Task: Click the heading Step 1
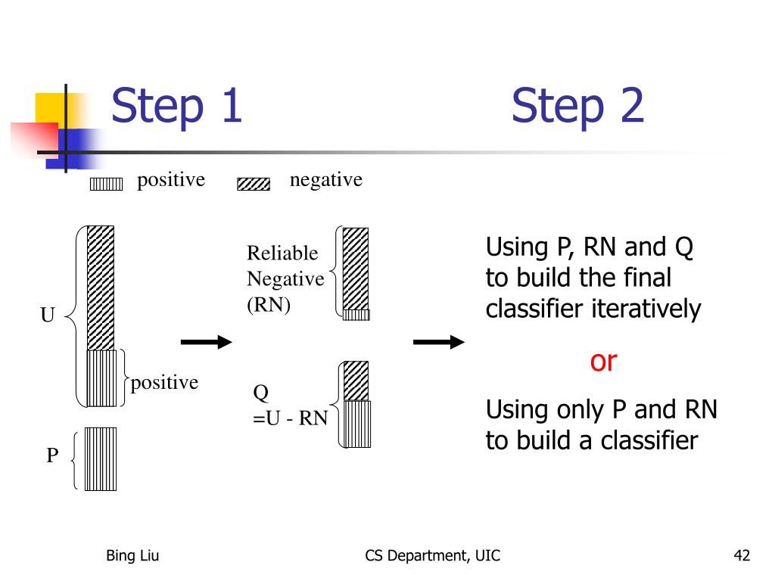point(176,105)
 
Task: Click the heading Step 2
point(577,105)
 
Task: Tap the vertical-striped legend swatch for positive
point(106,185)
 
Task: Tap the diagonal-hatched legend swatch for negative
point(254,185)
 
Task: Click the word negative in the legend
point(326,180)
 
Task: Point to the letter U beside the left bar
point(48,315)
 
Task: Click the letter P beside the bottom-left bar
point(52,455)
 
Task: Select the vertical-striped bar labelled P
point(101,459)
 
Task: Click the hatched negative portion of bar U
point(101,288)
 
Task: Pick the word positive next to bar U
point(164,383)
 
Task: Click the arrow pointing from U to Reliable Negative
point(206,342)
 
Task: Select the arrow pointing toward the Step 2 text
point(439,342)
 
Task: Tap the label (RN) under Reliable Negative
point(269,305)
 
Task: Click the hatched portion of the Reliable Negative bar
point(356,269)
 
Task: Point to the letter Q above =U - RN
point(261,393)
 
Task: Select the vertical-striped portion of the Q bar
point(357,424)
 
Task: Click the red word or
point(603,362)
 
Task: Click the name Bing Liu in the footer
point(132,555)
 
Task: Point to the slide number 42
point(742,555)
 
